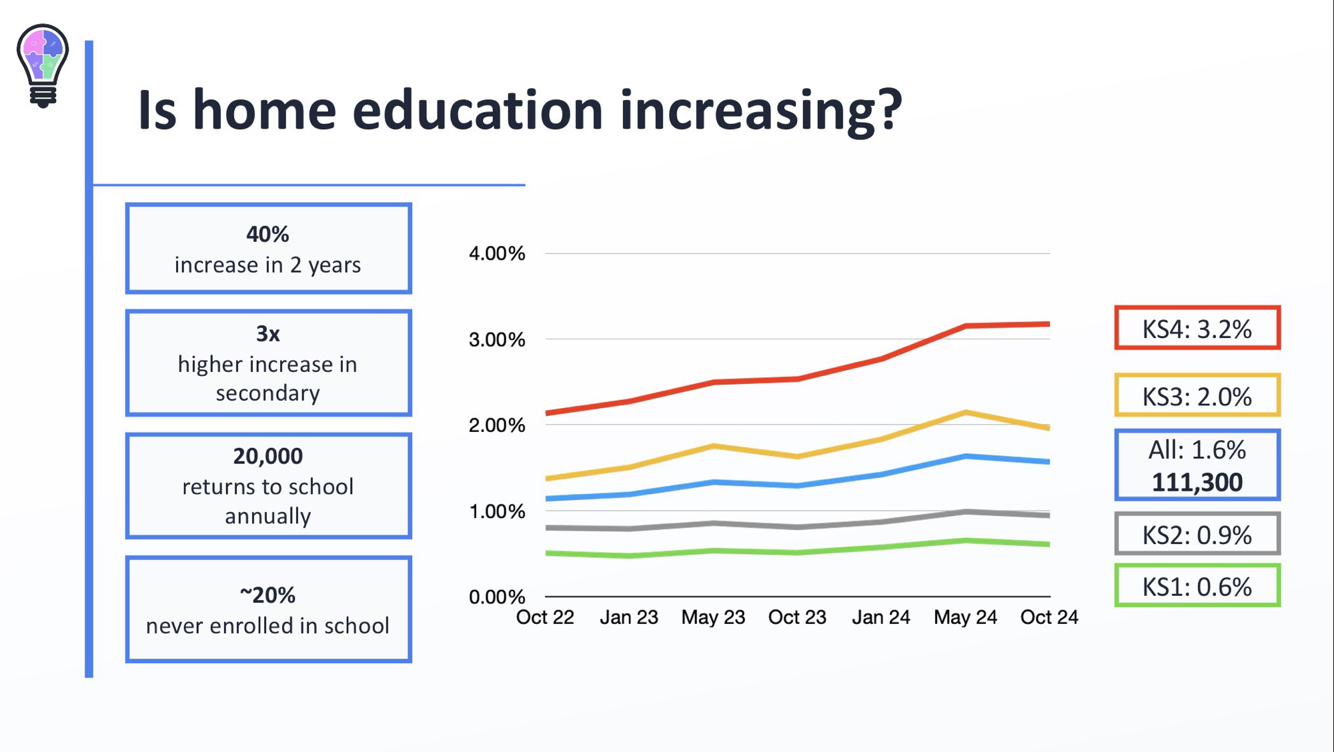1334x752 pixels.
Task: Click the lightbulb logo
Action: [43, 65]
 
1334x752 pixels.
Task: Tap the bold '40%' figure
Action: [267, 235]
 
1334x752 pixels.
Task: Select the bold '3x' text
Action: [267, 334]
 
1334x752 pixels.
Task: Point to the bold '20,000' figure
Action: [267, 457]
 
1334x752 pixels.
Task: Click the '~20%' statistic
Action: [267, 595]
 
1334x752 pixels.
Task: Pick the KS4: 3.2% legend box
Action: [1197, 329]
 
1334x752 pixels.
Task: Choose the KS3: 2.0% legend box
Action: [1197, 396]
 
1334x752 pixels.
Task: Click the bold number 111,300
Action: [1197, 483]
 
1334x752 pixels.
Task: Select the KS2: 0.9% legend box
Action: [1197, 534]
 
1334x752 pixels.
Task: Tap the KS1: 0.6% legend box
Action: [1197, 586]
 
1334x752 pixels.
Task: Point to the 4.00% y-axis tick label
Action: [497, 254]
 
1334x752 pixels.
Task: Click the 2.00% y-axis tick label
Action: [497, 425]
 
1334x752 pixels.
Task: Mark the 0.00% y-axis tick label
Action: [497, 597]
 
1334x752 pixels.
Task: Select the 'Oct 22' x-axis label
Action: [545, 618]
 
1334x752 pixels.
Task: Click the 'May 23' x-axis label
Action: [713, 618]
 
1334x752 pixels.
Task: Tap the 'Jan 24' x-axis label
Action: [880, 618]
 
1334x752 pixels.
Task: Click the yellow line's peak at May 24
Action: [966, 413]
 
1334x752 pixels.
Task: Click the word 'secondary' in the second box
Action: [267, 393]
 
